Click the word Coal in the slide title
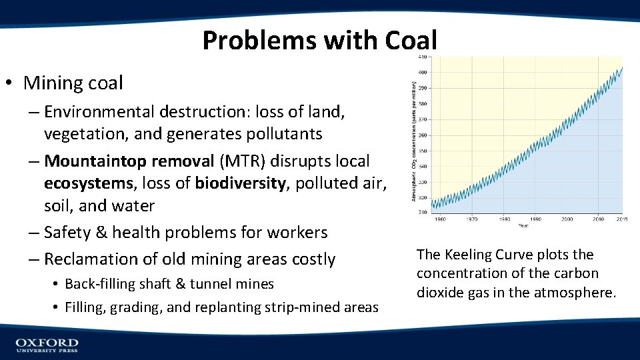pyautogui.click(x=411, y=41)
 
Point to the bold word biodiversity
pyautogui.click(x=240, y=183)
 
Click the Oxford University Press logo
pyautogui.click(x=47, y=345)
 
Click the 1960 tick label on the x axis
pyautogui.click(x=440, y=219)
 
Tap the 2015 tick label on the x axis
pyautogui.click(x=621, y=219)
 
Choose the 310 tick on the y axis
pyautogui.click(x=423, y=212)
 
